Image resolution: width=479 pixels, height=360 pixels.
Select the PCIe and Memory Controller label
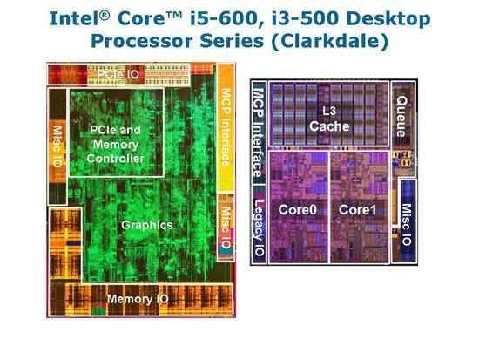[x=117, y=145]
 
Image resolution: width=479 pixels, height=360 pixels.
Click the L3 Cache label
[x=327, y=119]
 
